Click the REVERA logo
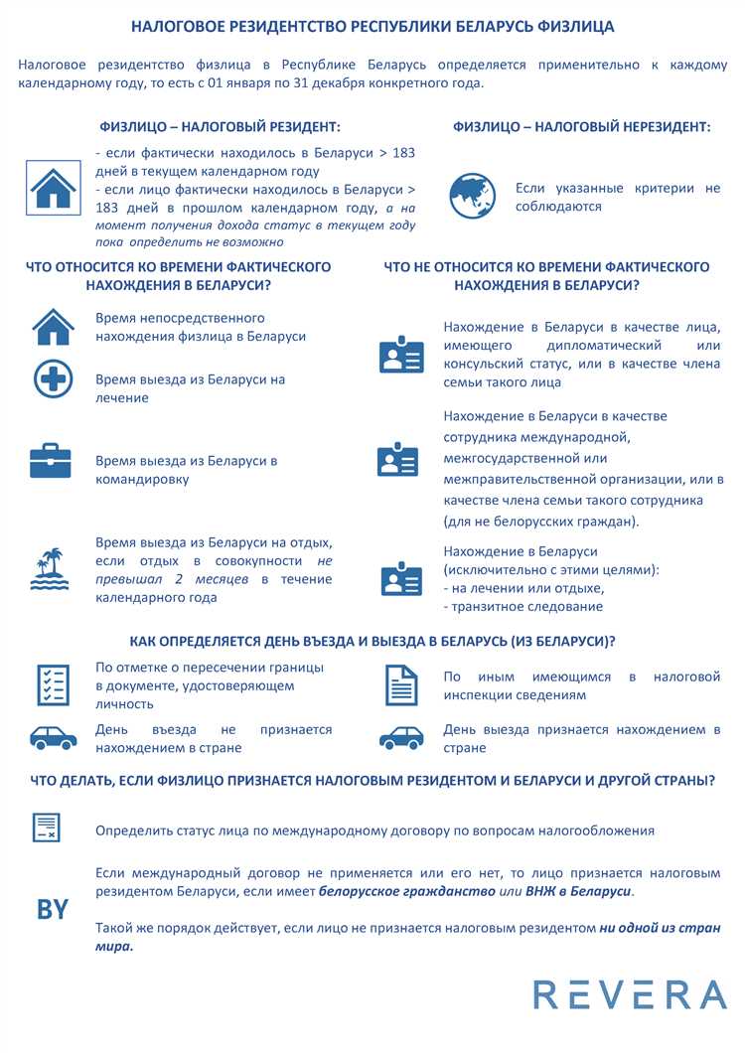(x=630, y=994)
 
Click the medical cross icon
(x=53, y=379)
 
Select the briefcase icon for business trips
(x=51, y=460)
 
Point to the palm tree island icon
(x=49, y=568)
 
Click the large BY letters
(x=53, y=908)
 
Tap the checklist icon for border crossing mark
(x=53, y=685)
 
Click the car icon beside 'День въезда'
(x=54, y=738)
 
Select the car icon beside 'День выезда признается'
(x=401, y=738)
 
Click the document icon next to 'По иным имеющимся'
(x=401, y=685)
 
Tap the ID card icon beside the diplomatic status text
(x=401, y=355)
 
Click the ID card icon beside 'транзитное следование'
(x=401, y=579)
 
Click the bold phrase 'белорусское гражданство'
(x=406, y=892)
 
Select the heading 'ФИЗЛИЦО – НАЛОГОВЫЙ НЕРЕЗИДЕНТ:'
(x=581, y=127)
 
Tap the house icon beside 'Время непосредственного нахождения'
(x=53, y=327)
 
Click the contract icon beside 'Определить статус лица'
(x=47, y=827)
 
